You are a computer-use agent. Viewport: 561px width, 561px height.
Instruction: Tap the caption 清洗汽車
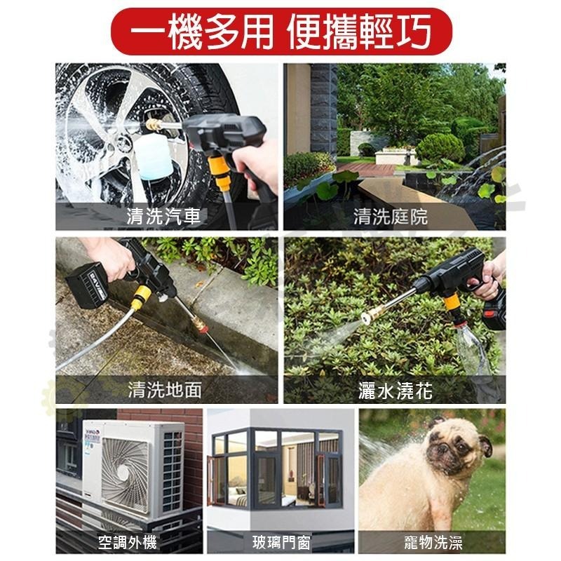click(x=164, y=216)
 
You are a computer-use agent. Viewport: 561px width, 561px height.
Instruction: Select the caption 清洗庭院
click(x=391, y=216)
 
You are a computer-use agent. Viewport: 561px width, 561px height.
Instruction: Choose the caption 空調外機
click(x=127, y=542)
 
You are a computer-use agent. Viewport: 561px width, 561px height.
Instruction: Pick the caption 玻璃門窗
click(x=281, y=542)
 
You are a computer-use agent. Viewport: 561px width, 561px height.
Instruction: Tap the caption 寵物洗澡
click(x=433, y=542)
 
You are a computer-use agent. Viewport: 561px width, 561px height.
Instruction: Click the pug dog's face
click(x=456, y=449)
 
